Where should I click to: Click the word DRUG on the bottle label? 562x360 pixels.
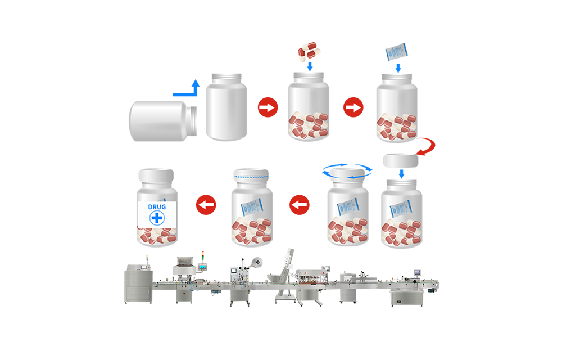pos(157,207)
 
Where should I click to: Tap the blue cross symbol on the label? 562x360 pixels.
pos(157,218)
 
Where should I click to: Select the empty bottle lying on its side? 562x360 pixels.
pos(163,121)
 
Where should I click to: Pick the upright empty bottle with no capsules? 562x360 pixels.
pos(226,107)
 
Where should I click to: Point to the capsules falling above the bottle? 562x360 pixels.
pos(309,51)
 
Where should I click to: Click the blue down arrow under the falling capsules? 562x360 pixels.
pos(310,66)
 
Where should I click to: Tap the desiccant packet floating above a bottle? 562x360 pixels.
pos(396,52)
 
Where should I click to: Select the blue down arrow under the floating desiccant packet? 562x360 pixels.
pos(398,68)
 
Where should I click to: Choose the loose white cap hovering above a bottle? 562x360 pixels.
pos(401,161)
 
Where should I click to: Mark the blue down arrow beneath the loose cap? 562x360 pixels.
pos(401,174)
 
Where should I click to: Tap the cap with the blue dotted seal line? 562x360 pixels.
pos(251,174)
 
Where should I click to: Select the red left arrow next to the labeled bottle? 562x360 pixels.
pos(206,205)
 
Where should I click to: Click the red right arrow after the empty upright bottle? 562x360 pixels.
pos(268,107)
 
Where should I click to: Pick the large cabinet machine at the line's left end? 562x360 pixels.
pos(138,283)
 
